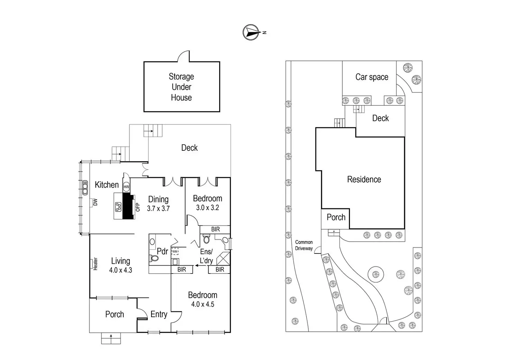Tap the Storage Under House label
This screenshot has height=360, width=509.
pos(181,87)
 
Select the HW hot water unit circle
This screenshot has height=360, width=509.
pos(126,187)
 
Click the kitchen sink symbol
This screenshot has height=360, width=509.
pos(85,187)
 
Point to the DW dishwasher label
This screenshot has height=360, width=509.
pos(95,202)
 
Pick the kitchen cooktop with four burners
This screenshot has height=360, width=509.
pos(118,207)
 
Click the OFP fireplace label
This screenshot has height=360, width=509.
pos(138,207)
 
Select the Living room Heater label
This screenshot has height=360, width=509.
pos(95,264)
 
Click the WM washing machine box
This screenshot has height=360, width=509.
pos(175,252)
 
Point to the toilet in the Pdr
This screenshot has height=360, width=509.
pos(154,258)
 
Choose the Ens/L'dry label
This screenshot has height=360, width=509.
pos(206,256)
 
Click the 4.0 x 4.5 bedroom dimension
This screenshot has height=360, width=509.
pos(203,304)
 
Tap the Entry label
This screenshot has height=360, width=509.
pos(159,314)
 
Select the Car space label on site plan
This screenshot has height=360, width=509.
pos(372,77)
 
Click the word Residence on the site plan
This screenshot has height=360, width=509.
pos(364,179)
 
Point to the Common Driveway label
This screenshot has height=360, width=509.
pos(304,245)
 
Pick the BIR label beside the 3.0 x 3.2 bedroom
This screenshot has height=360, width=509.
pos(215,229)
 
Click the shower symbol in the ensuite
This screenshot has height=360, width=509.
pos(223,258)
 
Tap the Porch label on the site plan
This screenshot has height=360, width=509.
pos(336,217)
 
